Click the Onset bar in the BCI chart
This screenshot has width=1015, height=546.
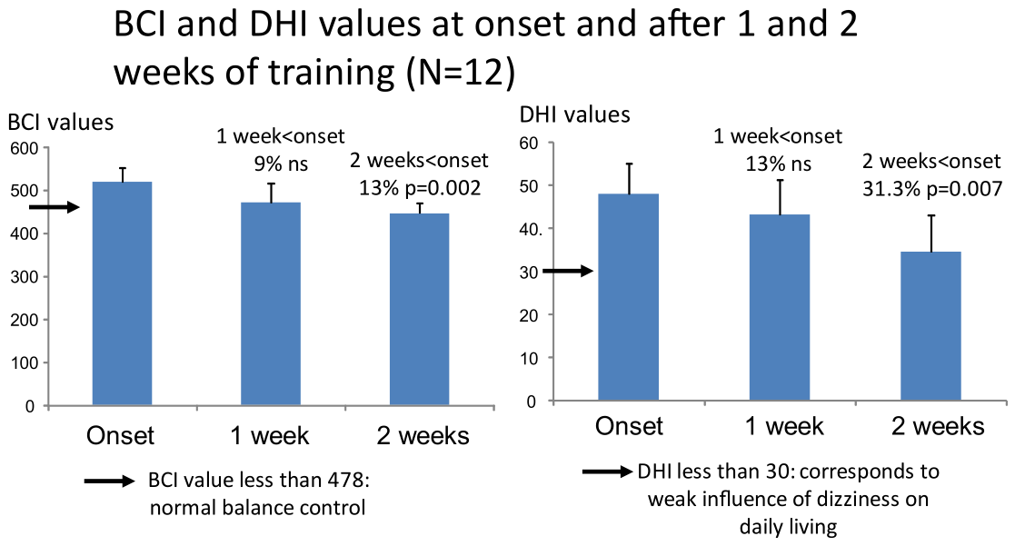(123, 293)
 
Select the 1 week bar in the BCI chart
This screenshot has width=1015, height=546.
(271, 304)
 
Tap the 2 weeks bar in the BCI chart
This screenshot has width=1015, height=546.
(420, 310)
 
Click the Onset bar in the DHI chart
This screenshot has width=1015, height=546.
(629, 298)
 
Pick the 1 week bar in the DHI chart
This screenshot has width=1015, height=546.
(780, 308)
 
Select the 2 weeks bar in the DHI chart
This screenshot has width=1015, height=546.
(930, 327)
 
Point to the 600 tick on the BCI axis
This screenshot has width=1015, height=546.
(24, 149)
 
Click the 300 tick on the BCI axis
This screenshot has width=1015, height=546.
(24, 277)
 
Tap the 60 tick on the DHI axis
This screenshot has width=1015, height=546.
(529, 143)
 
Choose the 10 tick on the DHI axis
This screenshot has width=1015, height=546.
(529, 358)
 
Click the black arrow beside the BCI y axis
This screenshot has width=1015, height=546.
(55, 207)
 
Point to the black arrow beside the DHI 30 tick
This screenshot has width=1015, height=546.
(568, 271)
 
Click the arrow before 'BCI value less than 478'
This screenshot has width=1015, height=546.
(109, 481)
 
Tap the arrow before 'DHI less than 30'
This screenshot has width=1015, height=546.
(607, 472)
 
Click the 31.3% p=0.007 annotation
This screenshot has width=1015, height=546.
(932, 189)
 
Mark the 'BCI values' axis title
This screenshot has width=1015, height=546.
(61, 123)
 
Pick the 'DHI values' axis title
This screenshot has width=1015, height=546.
(575, 114)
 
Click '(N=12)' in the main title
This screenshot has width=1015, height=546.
(461, 73)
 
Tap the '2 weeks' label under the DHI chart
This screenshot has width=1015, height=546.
(938, 426)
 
